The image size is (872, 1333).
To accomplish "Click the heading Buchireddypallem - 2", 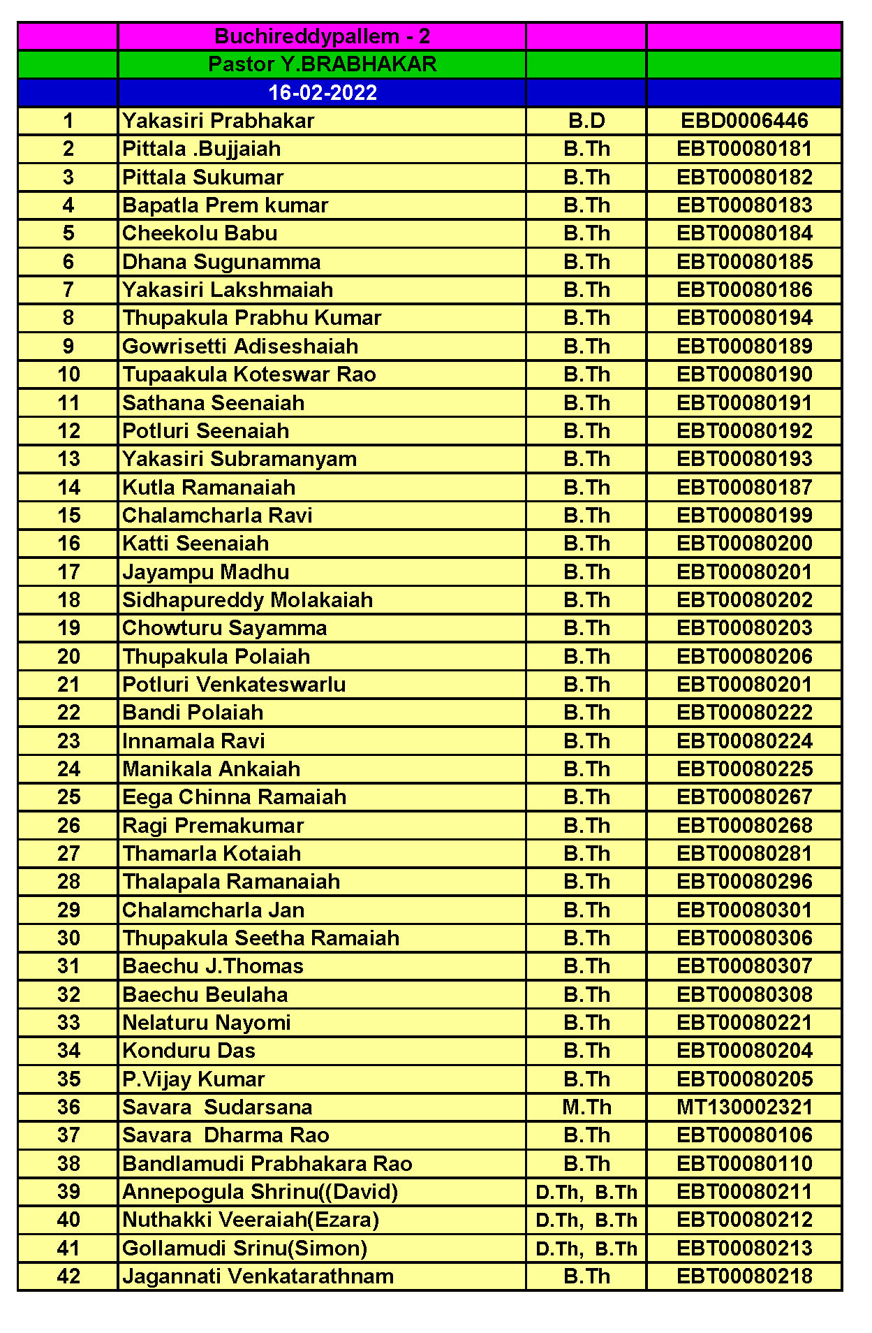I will click(x=322, y=36).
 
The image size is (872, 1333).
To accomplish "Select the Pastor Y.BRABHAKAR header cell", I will click(x=322, y=64).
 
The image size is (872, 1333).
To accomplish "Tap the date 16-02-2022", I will click(x=322, y=93).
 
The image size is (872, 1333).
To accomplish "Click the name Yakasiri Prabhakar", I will click(x=218, y=121).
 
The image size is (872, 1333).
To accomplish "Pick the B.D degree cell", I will click(x=586, y=121).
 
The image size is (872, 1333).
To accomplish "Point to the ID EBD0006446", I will click(x=744, y=121).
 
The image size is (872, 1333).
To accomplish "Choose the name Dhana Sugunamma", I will click(x=221, y=262).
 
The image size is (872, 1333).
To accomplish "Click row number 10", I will click(x=68, y=374).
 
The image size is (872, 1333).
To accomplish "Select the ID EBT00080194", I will click(x=744, y=318).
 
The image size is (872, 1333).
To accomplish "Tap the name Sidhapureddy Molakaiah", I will click(x=247, y=600).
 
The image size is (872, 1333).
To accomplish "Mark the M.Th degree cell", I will click(x=586, y=1107).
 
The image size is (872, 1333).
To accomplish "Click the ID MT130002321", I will click(x=744, y=1107).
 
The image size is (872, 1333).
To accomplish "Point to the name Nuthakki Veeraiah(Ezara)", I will click(x=251, y=1220).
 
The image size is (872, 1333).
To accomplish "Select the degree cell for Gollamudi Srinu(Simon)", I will click(x=586, y=1248).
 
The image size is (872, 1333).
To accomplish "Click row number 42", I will click(x=68, y=1276).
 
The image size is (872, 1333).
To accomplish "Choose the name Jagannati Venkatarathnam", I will click(x=258, y=1276).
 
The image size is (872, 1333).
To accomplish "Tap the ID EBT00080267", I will click(x=744, y=797).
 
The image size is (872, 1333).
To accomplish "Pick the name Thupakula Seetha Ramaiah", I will click(x=260, y=938).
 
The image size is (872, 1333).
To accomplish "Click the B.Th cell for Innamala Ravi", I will click(x=586, y=741).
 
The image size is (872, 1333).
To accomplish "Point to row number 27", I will click(x=68, y=854).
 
